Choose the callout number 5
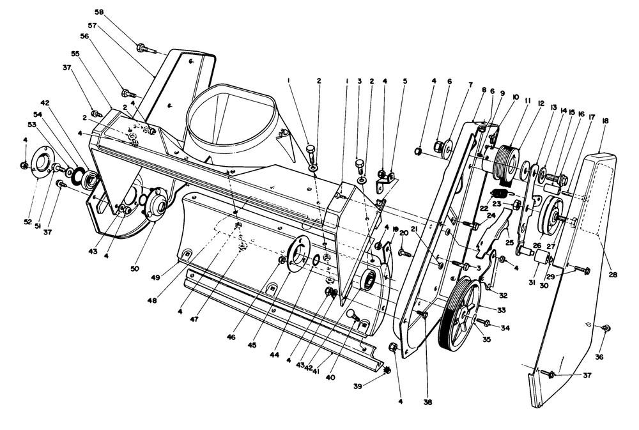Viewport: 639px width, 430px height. click(x=404, y=81)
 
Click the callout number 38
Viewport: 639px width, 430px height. click(x=427, y=403)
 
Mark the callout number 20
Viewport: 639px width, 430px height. click(x=403, y=233)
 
